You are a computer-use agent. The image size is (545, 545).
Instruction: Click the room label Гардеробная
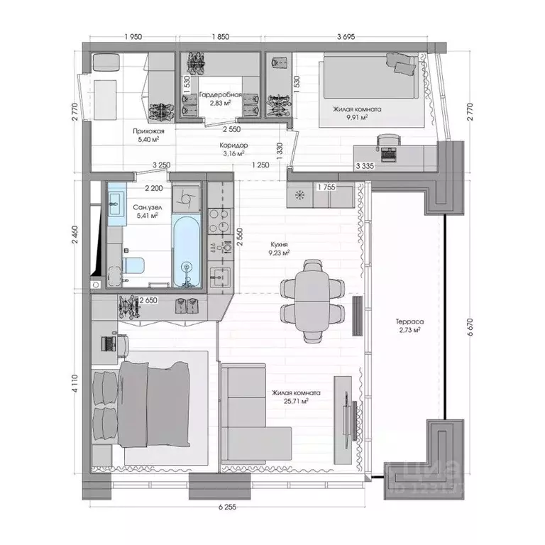coord(221,95)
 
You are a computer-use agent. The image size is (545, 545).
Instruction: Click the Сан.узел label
coord(145,207)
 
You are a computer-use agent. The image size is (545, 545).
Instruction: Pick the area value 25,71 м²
coord(296,402)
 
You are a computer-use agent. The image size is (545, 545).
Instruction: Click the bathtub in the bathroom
coord(187,253)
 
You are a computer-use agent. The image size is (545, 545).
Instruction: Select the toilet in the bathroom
coord(133,265)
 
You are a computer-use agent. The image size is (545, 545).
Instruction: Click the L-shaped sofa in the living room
coord(255,412)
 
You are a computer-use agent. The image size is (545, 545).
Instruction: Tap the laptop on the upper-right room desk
coord(387,152)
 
